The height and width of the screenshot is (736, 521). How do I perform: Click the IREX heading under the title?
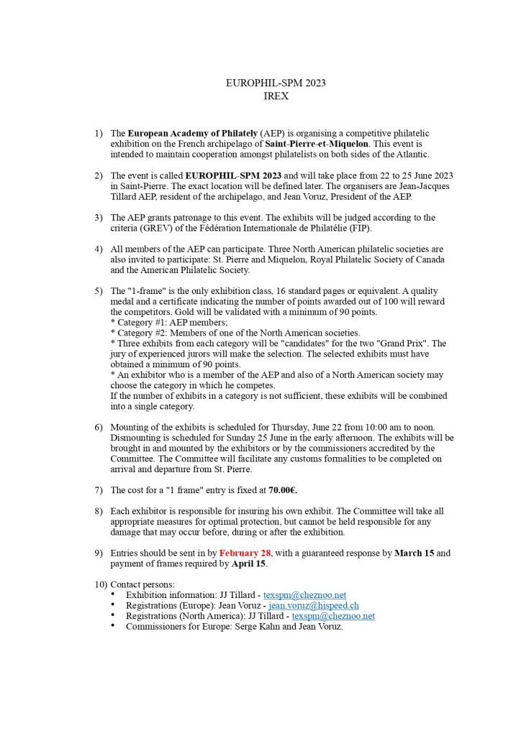pyautogui.click(x=276, y=96)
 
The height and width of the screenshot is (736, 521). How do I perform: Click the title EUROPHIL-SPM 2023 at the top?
pyautogui.click(x=276, y=83)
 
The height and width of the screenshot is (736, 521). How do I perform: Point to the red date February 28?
pyautogui.click(x=245, y=553)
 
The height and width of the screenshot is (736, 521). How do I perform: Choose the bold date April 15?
pyautogui.click(x=249, y=563)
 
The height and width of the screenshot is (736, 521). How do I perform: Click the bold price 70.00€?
pyautogui.click(x=283, y=490)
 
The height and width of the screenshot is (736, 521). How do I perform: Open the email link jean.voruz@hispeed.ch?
pyautogui.click(x=314, y=606)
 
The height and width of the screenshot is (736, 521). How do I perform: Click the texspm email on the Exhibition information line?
pyautogui.click(x=304, y=595)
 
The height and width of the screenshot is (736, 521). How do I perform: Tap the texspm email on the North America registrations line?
pyautogui.click(x=333, y=616)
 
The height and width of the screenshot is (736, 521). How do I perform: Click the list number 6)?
pyautogui.click(x=99, y=428)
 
